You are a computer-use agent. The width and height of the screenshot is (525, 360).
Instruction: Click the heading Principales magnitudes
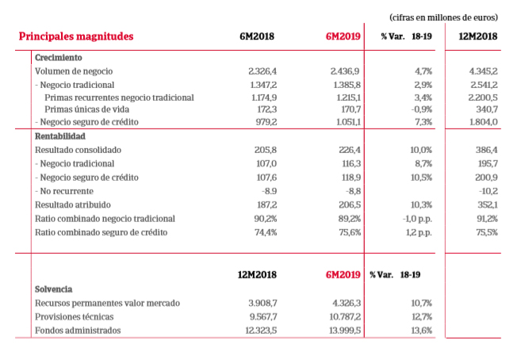click(x=75, y=36)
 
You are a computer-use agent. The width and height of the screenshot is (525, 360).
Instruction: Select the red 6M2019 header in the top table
click(x=343, y=36)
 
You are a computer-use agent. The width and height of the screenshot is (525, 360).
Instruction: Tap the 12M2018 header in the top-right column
click(x=478, y=36)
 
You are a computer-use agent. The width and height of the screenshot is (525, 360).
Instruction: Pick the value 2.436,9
click(x=345, y=71)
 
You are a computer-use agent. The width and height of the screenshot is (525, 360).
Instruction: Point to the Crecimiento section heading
click(x=59, y=58)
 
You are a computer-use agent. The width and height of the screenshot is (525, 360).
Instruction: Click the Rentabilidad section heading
click(x=60, y=136)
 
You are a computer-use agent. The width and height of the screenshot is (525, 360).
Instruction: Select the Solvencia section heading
click(x=54, y=289)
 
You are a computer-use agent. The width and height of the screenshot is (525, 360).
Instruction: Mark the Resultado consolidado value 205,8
click(x=261, y=149)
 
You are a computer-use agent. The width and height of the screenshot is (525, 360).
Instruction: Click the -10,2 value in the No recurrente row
click(x=486, y=191)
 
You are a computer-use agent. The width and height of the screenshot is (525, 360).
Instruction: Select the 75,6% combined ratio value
click(x=349, y=232)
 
